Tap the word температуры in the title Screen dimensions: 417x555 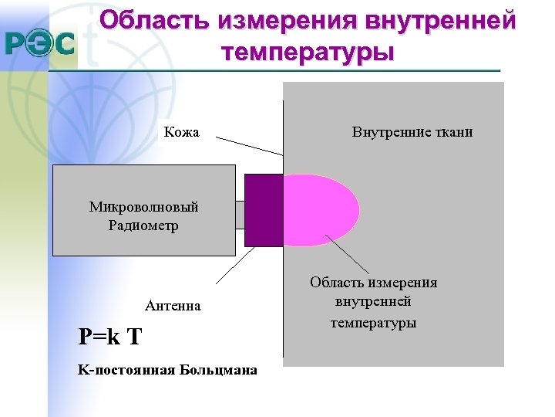tap(307, 53)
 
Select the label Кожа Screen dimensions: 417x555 tap(182, 132)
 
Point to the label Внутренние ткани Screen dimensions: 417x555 tap(412, 132)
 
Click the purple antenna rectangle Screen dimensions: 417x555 tap(264, 210)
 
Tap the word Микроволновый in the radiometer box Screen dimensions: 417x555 tap(143, 207)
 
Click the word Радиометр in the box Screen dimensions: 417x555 tap(143, 225)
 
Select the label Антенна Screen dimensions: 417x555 tap(173, 306)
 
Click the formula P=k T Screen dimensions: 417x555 tap(110, 337)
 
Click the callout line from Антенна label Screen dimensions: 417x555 tap(235, 266)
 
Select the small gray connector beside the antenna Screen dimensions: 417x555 tap(240, 214)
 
